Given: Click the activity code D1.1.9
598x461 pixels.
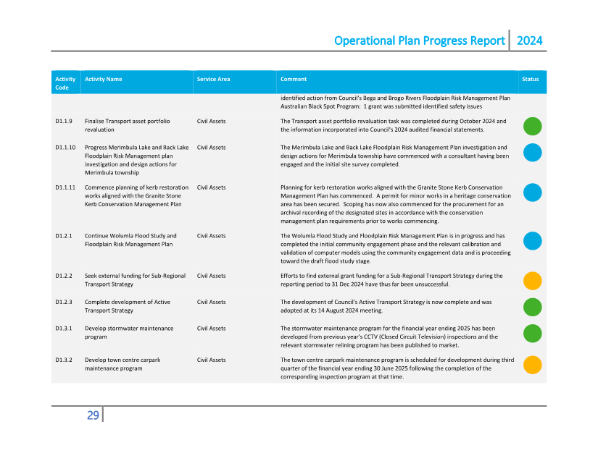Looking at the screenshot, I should pos(64,122).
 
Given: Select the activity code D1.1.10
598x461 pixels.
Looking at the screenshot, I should pos(65,148).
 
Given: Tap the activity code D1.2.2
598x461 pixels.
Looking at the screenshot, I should pos(64,276).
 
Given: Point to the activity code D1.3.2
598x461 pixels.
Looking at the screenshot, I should pos(64,360).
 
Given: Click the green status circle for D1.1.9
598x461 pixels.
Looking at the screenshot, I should pos(533,126).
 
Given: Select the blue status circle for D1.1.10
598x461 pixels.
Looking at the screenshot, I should pos(533,152).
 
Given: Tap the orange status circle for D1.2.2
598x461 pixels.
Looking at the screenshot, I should pos(533,281).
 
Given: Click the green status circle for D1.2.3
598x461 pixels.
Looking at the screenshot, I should pos(533,307).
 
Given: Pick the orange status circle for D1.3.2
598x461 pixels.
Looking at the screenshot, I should pos(533,365).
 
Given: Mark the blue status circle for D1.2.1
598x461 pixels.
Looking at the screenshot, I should pos(533,241).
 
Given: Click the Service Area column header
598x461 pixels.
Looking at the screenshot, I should pos(213,79).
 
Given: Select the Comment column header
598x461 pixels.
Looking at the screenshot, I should pos(294,79).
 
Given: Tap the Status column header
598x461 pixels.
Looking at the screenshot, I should pos(531,79).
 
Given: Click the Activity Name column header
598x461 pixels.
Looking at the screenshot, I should pos(103,79).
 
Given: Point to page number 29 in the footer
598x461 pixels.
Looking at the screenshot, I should pos(93,415).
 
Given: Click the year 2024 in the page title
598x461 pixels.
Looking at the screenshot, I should pos(529,41).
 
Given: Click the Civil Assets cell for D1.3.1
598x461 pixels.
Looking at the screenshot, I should pos(211,329).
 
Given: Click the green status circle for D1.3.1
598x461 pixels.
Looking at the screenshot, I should pos(533,333).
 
